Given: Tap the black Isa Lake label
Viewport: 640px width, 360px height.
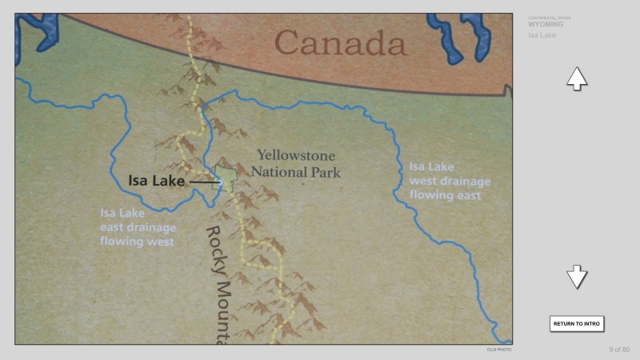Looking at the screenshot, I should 157,181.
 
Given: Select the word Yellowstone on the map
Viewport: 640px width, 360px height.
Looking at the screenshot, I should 296,155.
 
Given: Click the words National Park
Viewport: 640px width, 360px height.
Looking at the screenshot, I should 296,171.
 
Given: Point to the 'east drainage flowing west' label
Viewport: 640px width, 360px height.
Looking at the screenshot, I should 138,227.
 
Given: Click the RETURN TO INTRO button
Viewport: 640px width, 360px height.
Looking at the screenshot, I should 576,323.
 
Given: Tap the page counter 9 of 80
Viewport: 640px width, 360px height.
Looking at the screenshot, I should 619,350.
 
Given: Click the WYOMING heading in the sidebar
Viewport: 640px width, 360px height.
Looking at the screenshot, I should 546,25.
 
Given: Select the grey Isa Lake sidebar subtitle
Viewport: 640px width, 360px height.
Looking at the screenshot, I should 542,35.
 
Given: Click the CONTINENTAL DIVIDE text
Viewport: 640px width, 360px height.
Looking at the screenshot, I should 549,18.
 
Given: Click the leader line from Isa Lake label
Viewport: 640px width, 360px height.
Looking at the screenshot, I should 203,182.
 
